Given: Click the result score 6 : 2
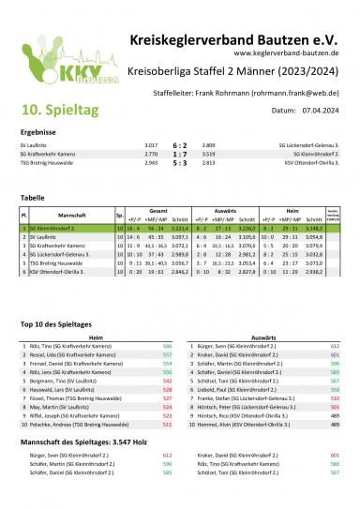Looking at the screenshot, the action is tap(180, 144).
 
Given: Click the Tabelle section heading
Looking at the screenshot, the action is tap(32, 199).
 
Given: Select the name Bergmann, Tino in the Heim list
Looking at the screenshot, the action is tap(67, 382).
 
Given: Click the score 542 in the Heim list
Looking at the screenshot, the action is tap(167, 382).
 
